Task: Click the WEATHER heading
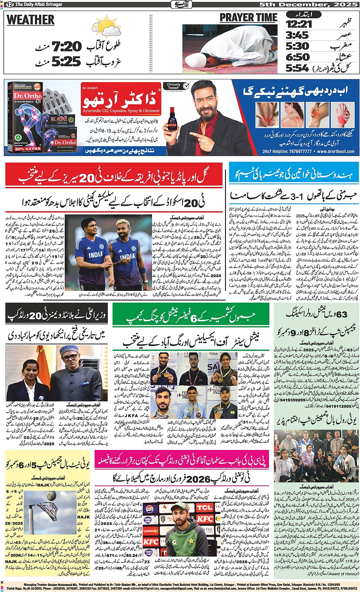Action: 30,20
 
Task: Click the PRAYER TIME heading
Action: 248,18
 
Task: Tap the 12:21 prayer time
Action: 299,24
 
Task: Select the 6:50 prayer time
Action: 298,57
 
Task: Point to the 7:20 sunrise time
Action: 67,47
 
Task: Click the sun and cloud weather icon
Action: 106,28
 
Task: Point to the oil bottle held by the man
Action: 172,121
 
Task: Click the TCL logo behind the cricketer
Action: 204,507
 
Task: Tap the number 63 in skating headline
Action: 342,314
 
